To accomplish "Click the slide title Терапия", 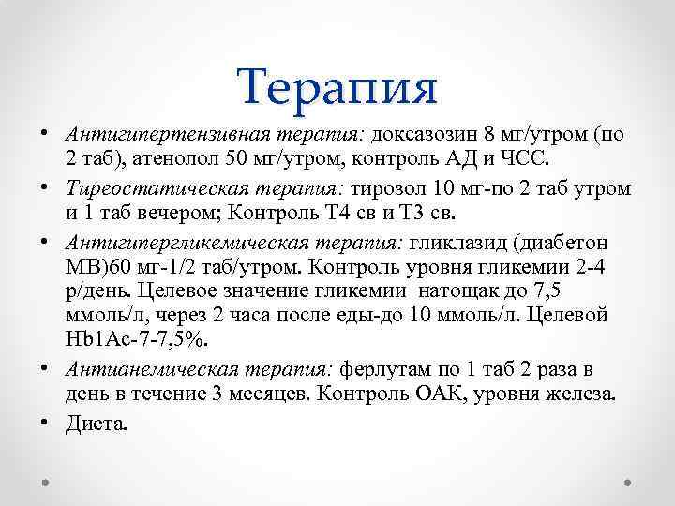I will click(x=337, y=86).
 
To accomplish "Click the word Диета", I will click(x=97, y=424).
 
